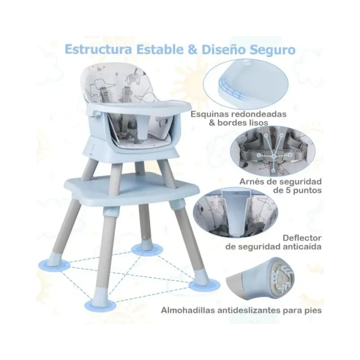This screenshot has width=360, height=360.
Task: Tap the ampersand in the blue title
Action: [193, 49]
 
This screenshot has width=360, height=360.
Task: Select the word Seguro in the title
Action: [273, 50]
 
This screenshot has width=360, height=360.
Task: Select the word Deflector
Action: [302, 238]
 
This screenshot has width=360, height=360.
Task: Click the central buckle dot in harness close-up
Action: [274, 157]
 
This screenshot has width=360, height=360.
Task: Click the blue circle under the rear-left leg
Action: [54, 265]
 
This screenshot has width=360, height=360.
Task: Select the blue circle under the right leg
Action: [204, 286]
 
